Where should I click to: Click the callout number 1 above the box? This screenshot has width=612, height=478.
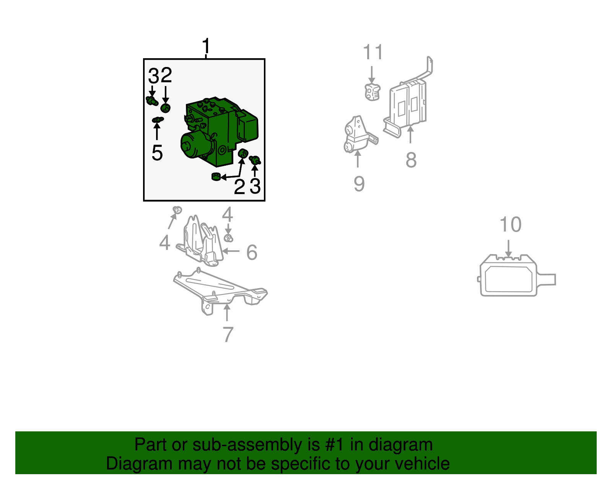[x=206, y=46]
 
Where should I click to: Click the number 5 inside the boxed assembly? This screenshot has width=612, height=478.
[x=157, y=153]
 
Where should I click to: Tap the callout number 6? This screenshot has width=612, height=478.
[x=252, y=252]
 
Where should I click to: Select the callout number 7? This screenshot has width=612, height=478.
[x=228, y=334]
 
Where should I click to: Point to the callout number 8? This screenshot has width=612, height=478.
[x=411, y=160]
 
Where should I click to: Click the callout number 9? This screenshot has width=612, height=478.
[x=359, y=184]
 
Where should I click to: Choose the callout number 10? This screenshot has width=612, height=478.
[x=510, y=225]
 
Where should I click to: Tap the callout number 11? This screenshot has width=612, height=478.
[x=373, y=52]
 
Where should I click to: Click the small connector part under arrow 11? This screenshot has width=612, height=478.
[x=372, y=92]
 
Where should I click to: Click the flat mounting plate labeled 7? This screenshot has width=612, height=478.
[x=220, y=290]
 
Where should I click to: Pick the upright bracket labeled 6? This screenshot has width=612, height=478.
[x=200, y=241]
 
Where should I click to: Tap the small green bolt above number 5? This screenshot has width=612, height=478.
[x=158, y=120]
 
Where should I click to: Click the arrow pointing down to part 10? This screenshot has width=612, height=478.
[x=508, y=248]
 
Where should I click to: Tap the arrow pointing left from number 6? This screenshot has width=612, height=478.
[x=231, y=251]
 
